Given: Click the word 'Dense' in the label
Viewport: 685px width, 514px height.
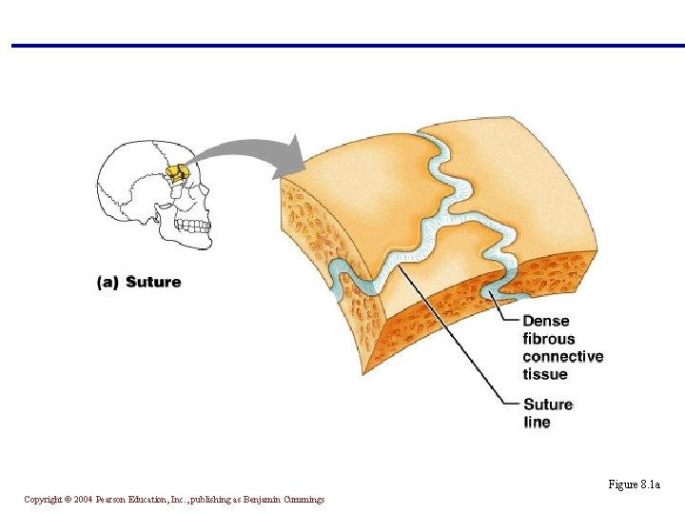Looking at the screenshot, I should click(x=546, y=321).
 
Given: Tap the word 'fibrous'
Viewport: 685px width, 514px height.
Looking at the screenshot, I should click(x=549, y=339).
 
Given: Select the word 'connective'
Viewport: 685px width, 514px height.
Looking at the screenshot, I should click(x=562, y=357).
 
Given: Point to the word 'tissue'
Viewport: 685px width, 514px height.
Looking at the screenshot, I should click(x=545, y=374).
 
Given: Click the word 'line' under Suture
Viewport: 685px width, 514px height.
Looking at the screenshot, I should click(x=537, y=422).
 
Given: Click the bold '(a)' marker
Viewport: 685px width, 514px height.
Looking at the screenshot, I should click(x=108, y=282).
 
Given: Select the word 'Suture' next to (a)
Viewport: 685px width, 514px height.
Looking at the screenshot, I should click(x=153, y=282).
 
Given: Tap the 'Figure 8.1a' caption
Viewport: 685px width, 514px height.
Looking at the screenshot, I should click(x=634, y=484).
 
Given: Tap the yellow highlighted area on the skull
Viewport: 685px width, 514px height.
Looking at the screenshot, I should click(x=177, y=174).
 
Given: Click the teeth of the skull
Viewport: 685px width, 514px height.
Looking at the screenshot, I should click(x=194, y=226).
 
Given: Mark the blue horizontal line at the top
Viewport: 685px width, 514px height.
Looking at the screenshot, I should click(x=342, y=45).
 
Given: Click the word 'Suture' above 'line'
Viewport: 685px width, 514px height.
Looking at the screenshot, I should click(x=548, y=405).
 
